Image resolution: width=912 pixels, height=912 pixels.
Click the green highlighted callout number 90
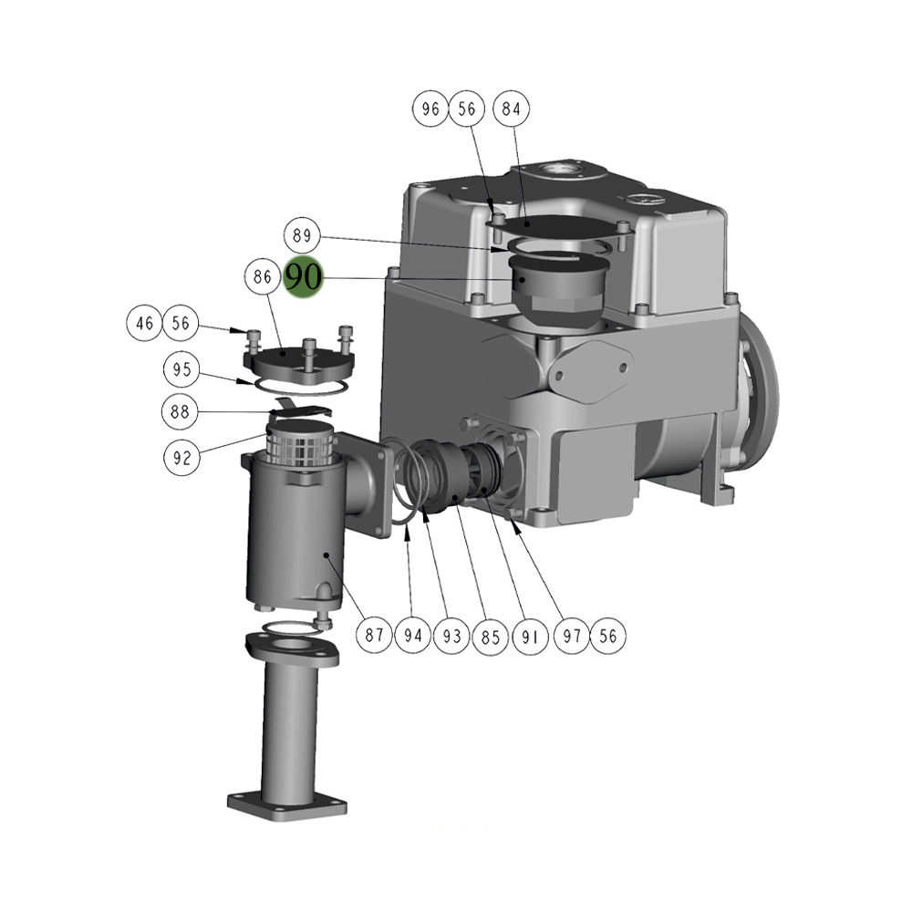[x=304, y=276]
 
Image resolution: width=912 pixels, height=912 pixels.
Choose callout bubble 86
[x=263, y=276]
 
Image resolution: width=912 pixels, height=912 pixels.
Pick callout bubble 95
[x=182, y=370]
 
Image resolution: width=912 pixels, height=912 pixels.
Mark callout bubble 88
[x=182, y=412]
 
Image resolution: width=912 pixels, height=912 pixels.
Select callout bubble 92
[x=182, y=457]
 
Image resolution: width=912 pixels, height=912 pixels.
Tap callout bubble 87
[x=375, y=635]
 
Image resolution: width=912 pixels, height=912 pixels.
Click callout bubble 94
[x=414, y=635]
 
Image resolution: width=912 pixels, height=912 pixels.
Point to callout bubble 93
[x=453, y=635]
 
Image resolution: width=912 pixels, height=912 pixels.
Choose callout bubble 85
[x=492, y=635]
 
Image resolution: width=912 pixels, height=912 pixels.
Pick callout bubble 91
[x=532, y=635]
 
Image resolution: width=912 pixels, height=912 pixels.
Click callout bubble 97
[x=572, y=635]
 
